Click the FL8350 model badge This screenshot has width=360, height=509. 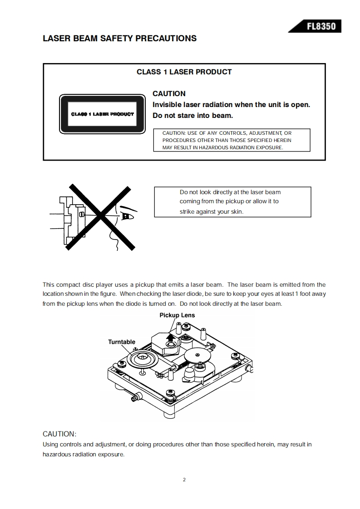pos(321,26)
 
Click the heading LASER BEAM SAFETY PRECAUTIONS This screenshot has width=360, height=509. pos(119,39)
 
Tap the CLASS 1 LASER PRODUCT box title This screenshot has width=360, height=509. pos(184,72)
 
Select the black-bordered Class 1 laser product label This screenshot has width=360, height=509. pos(103,114)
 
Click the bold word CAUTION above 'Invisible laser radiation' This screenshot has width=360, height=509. pos(169,93)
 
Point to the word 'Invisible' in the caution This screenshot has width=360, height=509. pos(168,105)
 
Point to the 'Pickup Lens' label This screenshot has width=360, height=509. pos(177,315)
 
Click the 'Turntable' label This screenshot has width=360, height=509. pos(122,342)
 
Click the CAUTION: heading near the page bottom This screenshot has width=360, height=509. pos(59,434)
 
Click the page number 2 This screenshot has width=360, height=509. pos(184,480)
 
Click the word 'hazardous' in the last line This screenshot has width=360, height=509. pos(57,454)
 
